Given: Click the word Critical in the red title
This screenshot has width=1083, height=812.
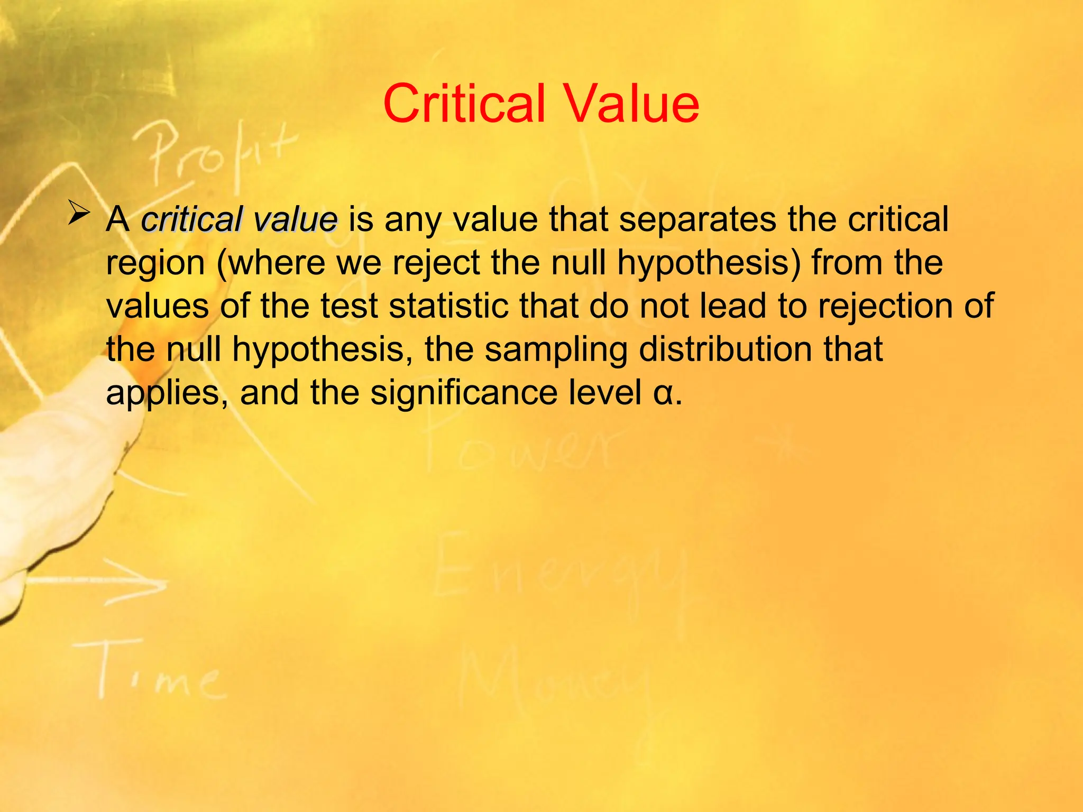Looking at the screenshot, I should coord(464,104).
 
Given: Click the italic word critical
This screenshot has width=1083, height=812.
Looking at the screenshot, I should coord(192,219).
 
